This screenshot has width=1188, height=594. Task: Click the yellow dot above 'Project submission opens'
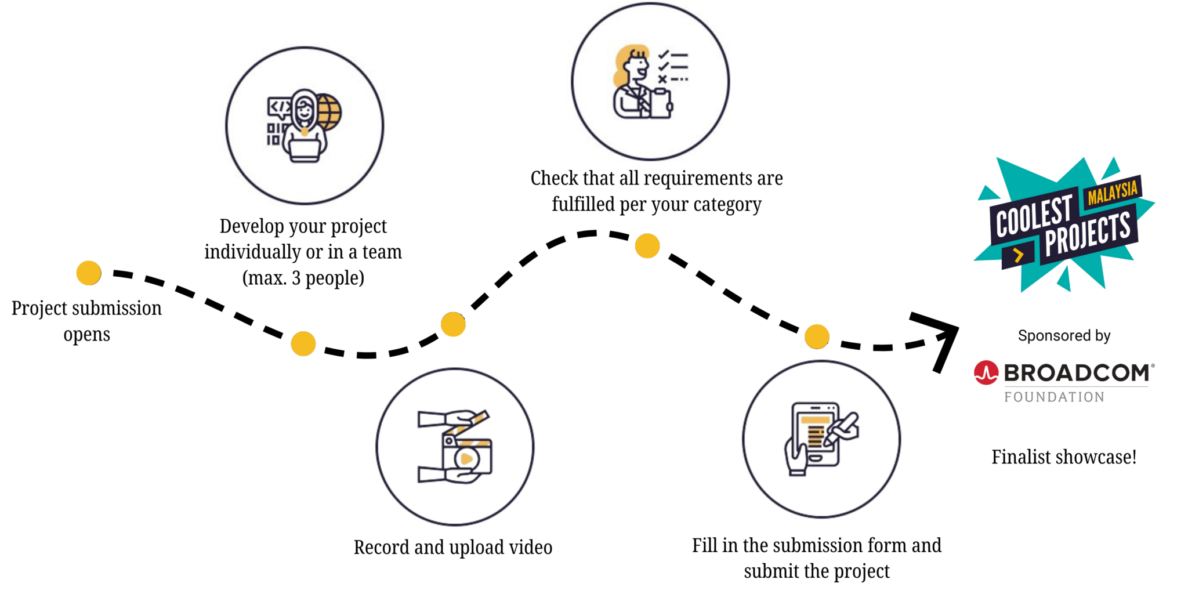pyautogui.click(x=89, y=273)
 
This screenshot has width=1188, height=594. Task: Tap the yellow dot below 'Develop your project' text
pyautogui.click(x=303, y=343)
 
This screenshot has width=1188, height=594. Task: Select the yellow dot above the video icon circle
pyautogui.click(x=453, y=324)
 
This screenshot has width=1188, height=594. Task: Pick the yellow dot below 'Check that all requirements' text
pyautogui.click(x=647, y=245)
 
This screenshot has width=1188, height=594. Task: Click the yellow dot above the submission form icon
pyautogui.click(x=817, y=336)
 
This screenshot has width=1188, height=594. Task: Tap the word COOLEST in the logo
pyautogui.click(x=1034, y=216)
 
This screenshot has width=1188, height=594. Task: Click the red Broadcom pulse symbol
pyautogui.click(x=986, y=373)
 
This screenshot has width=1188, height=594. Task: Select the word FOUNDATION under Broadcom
pyautogui.click(x=1055, y=397)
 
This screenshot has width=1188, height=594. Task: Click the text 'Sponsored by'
pyautogui.click(x=1064, y=335)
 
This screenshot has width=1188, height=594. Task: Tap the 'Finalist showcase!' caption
pyautogui.click(x=1064, y=457)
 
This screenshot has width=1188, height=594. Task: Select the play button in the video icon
pyautogui.click(x=466, y=459)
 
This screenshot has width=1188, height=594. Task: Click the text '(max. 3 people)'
pyautogui.click(x=303, y=278)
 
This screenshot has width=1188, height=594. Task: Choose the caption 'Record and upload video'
pyautogui.click(x=452, y=547)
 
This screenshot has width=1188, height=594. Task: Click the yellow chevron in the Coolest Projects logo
pyautogui.click(x=1018, y=255)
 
